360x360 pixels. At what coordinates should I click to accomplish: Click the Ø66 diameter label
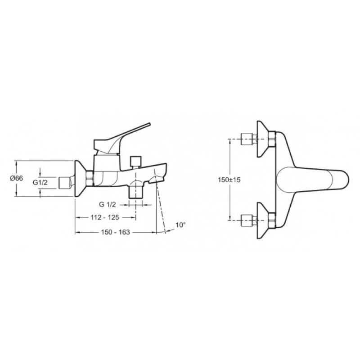[17, 178]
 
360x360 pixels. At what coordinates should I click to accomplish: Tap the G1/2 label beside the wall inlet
[40, 183]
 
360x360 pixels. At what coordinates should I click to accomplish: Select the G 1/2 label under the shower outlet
[108, 204]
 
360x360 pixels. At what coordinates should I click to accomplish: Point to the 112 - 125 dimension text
[105, 217]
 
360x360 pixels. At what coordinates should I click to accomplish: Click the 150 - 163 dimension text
[116, 232]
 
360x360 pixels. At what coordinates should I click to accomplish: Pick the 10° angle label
[180, 225]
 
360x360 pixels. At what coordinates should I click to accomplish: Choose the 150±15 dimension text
[229, 180]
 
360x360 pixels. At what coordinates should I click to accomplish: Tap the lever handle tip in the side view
[149, 124]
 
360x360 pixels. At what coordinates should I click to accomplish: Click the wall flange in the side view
[81, 179]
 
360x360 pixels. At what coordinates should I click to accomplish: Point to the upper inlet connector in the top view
[247, 139]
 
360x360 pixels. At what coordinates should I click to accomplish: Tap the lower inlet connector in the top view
[247, 220]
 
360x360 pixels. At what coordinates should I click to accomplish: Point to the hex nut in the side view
[90, 179]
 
